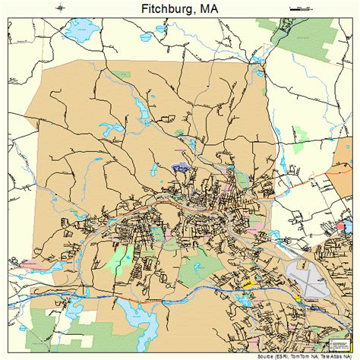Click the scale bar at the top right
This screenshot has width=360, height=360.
(x=302, y=8)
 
